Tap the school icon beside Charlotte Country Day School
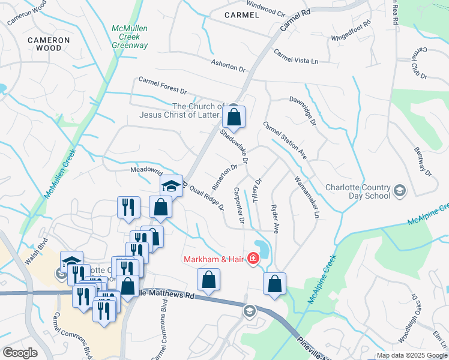pos(400,191)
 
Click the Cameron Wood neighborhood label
pos(49,44)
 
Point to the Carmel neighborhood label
pos(241,14)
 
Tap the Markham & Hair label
pos(214,259)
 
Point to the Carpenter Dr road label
pos(239,206)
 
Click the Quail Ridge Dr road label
pos(206,197)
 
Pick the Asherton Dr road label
pos(228,65)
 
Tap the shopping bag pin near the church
pos(235,116)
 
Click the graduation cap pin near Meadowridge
pos(171,185)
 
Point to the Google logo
pos(19,352)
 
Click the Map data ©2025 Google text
pos(412,355)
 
